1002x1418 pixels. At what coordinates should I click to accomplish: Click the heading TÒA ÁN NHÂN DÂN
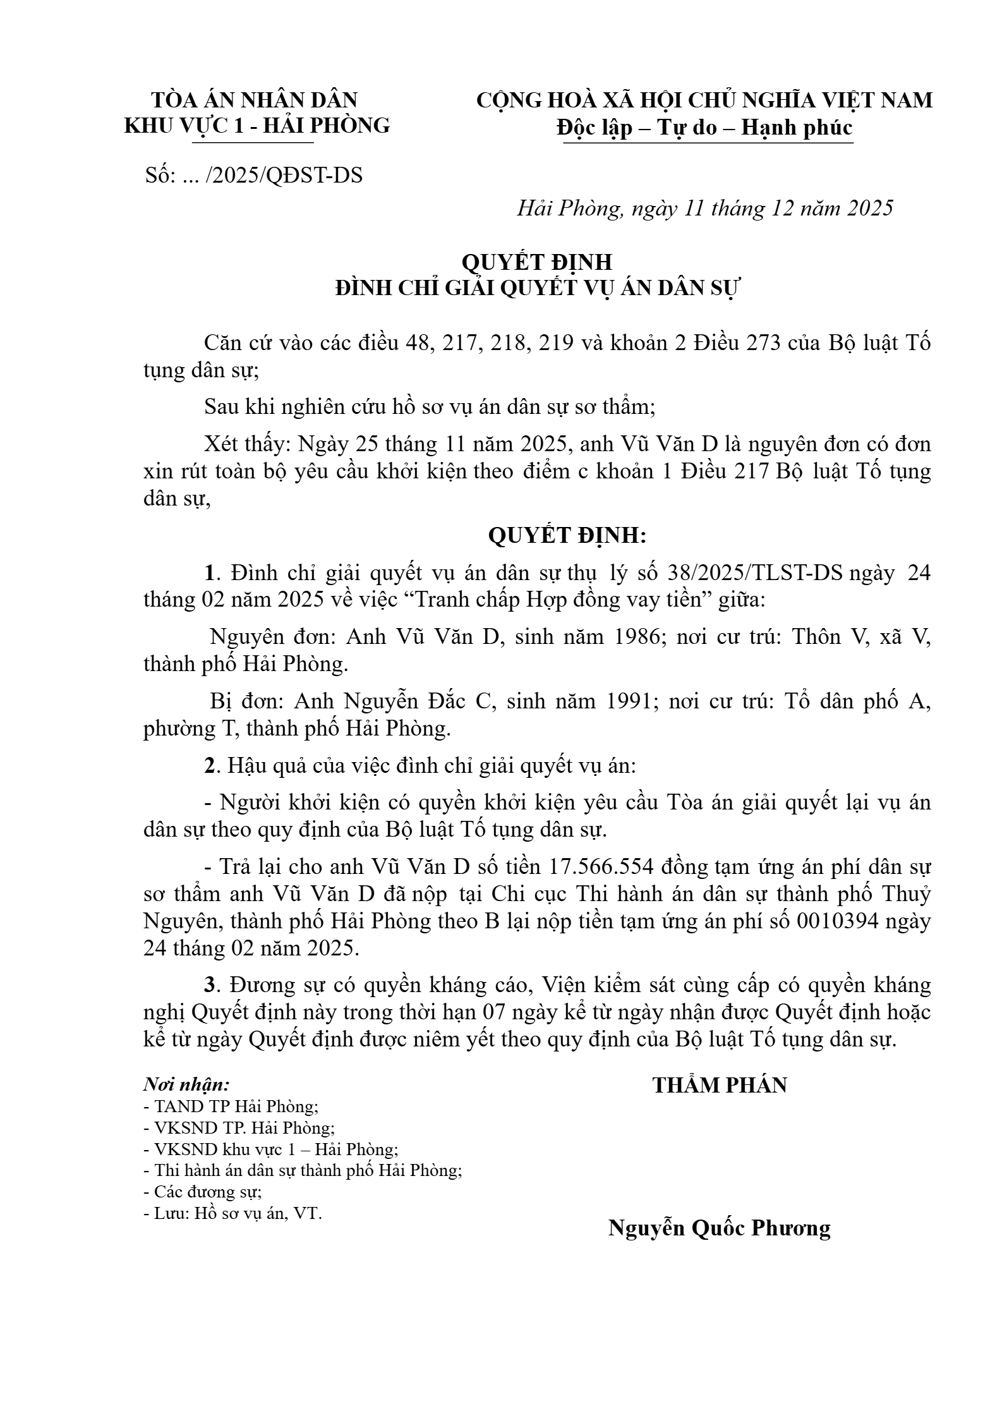click(x=255, y=100)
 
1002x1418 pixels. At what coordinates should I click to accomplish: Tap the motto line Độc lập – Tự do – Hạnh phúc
click(x=704, y=128)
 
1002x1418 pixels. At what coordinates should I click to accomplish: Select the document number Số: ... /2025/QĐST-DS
click(x=254, y=175)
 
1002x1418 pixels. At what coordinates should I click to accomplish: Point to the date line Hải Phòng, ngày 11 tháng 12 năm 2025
click(x=704, y=208)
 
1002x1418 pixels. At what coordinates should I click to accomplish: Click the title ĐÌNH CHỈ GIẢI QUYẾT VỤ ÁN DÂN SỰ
click(x=537, y=288)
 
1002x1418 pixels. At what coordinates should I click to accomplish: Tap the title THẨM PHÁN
click(x=720, y=1085)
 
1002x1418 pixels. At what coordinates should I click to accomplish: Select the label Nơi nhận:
click(x=186, y=1085)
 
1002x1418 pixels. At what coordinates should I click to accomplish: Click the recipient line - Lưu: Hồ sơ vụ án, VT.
click(x=232, y=1213)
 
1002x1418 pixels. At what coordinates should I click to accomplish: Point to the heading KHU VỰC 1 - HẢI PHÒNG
click(x=257, y=126)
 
